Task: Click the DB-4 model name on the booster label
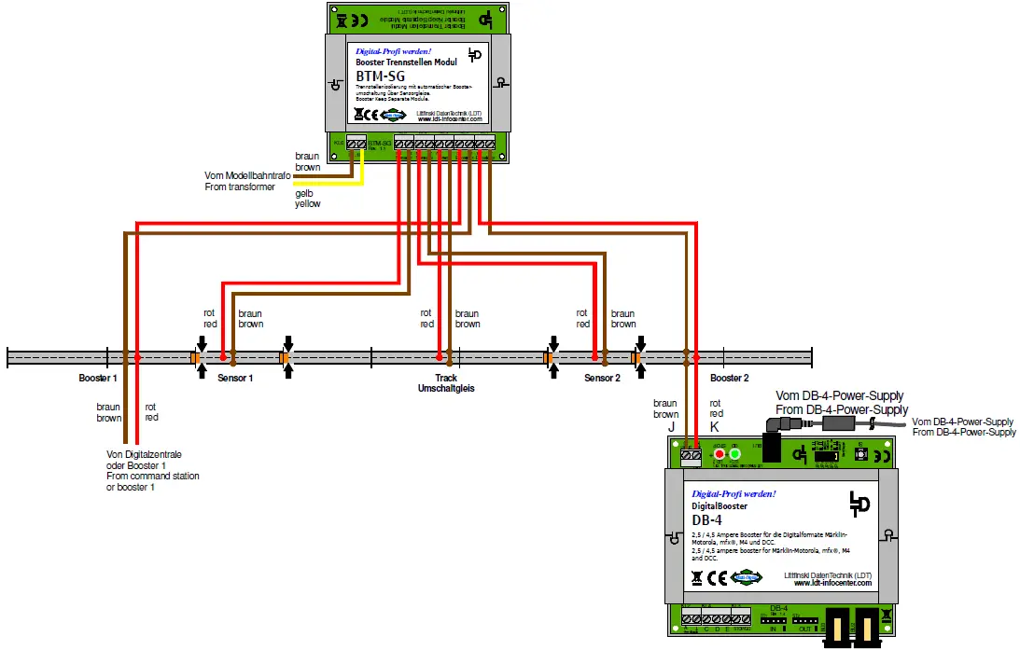(706, 519)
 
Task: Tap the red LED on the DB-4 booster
(720, 454)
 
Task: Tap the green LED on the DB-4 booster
(735, 454)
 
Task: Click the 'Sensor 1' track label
(235, 379)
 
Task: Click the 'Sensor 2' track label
(602, 379)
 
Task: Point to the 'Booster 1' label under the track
(98, 379)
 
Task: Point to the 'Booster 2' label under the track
(729, 379)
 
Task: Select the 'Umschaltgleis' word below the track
(446, 389)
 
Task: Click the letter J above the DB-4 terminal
(670, 426)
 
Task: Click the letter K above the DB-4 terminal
(715, 426)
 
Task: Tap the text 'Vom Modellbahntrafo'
(246, 175)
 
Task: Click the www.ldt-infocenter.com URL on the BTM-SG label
(450, 119)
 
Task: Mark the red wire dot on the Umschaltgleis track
(439, 356)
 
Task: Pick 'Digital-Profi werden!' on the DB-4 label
(734, 492)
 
